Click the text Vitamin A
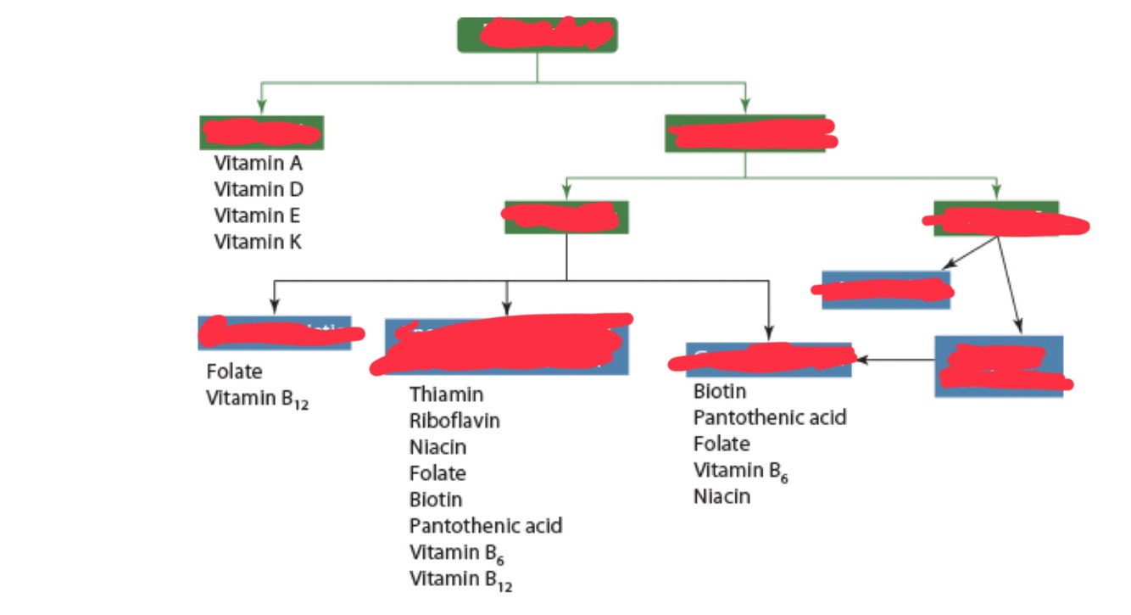tap(258, 163)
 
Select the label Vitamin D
tap(259, 189)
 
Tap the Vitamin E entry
tap(257, 215)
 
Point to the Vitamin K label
tap(258, 242)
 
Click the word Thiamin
tap(446, 394)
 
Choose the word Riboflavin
tap(454, 421)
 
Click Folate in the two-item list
tap(234, 372)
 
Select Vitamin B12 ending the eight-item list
tap(461, 580)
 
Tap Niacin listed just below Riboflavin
tap(437, 447)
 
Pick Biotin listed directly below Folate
tap(436, 500)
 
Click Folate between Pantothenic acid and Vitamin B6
tap(721, 444)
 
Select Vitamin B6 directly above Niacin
tap(741, 471)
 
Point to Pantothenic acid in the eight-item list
tap(485, 526)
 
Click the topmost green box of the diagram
tap(537, 35)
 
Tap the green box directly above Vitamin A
tap(261, 132)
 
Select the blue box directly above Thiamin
tap(506, 347)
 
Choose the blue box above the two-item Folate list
tap(274, 333)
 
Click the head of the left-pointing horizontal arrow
tap(857, 361)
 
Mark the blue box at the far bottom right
tap(999, 366)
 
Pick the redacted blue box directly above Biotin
tap(768, 360)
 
